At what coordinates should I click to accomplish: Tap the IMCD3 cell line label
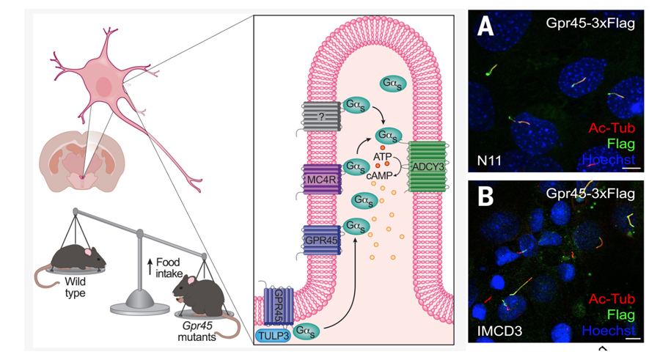click(x=496, y=331)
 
